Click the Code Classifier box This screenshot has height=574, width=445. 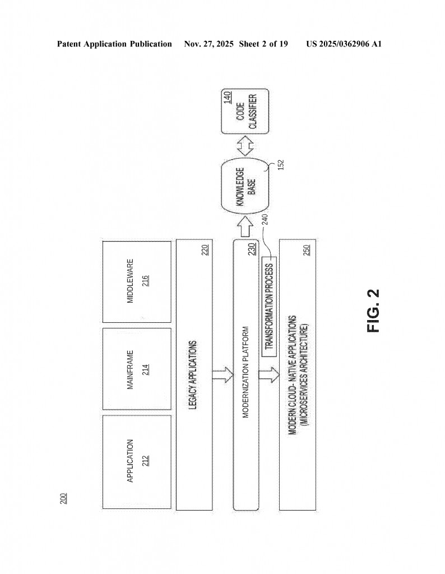pyautogui.click(x=245, y=112)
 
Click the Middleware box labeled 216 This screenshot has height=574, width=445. pyautogui.click(x=137, y=282)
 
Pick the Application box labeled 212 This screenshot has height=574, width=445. pyautogui.click(x=137, y=461)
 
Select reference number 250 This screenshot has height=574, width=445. pyautogui.click(x=305, y=250)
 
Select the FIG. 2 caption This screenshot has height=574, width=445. pyautogui.click(x=373, y=310)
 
